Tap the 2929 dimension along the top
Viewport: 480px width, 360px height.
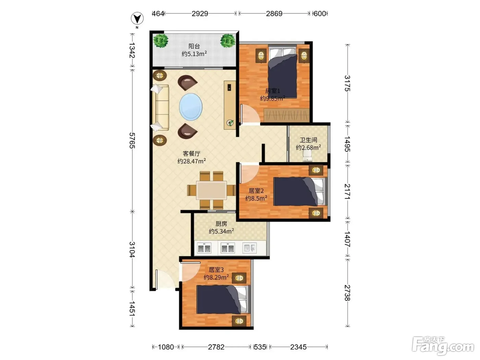click(200, 14)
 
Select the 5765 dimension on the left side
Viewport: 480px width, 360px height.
click(132, 140)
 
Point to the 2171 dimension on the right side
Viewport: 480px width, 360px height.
click(347, 191)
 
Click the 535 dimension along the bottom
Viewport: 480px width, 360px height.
click(260, 347)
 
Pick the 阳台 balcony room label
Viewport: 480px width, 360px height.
click(194, 46)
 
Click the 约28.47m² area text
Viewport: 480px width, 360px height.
click(192, 161)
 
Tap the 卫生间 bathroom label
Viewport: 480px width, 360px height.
click(308, 140)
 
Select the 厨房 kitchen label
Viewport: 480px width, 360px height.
click(221, 224)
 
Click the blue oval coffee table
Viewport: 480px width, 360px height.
click(191, 107)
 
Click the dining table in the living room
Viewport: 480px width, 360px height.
click(211, 190)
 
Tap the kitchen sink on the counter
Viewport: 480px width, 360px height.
click(250, 248)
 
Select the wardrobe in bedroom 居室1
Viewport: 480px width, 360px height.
click(286, 115)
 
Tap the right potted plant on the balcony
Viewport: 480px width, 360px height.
click(228, 41)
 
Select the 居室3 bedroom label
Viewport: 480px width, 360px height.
click(216, 270)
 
